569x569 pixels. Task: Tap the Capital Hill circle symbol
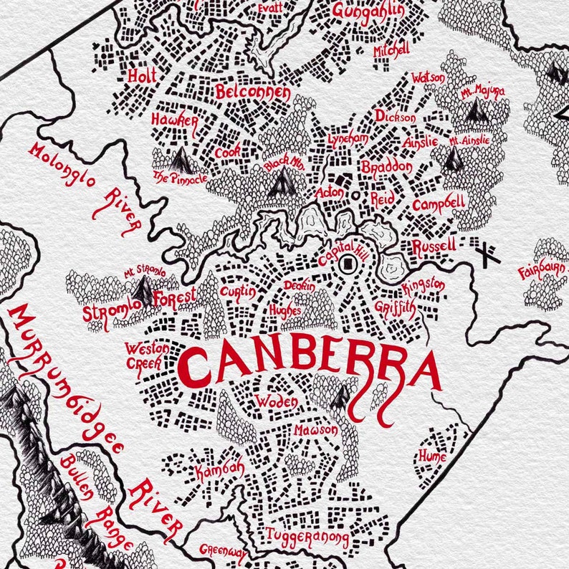[348, 265]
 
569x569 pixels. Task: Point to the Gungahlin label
[368, 10]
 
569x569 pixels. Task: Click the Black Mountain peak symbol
[282, 183]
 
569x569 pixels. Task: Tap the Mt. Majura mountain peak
[474, 110]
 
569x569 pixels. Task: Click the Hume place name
[432, 456]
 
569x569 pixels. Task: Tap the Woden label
[276, 401]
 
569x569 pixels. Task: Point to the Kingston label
[423, 287]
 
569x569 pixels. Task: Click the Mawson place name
[315, 431]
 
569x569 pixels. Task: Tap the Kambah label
[219, 470]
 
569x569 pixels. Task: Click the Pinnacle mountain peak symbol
[179, 156]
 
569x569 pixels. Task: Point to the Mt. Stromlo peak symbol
[144, 290]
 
